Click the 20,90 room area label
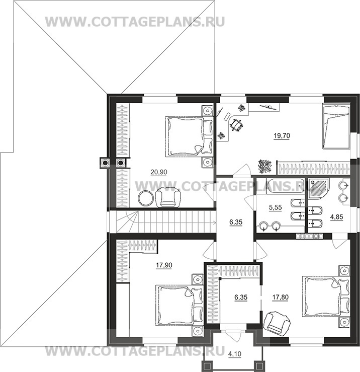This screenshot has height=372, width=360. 159,172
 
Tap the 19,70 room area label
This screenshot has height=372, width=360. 282,136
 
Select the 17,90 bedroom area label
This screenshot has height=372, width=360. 164,265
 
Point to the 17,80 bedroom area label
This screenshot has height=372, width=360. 281,297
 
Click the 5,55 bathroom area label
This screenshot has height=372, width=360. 276,207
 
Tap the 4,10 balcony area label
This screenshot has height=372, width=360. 235,354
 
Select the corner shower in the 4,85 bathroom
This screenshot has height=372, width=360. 319,189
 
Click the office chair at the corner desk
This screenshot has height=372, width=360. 236,125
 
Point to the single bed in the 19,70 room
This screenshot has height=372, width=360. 336,127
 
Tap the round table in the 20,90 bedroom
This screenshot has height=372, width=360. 146,198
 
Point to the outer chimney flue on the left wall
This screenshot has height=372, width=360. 104,163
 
